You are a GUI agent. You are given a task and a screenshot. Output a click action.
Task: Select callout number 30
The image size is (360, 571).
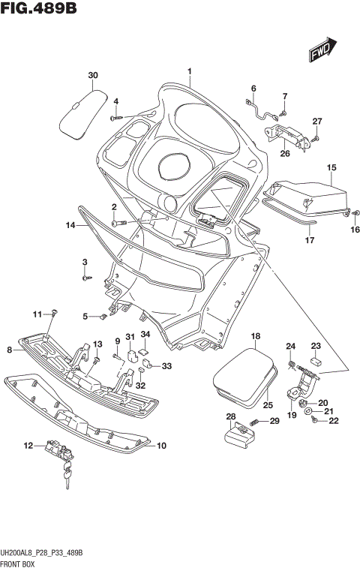tap(92, 76)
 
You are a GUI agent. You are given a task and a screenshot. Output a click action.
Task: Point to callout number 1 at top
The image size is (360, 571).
tap(190, 72)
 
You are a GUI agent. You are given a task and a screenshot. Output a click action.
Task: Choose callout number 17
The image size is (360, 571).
tap(307, 241)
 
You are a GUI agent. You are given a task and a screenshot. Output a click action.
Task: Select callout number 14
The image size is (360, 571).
tap(70, 225)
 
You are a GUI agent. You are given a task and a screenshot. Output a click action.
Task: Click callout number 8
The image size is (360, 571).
tap(9, 350)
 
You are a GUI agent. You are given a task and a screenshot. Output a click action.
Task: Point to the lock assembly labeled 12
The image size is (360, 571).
tap(58, 448)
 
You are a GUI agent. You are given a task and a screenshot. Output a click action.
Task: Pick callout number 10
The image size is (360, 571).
tap(160, 446)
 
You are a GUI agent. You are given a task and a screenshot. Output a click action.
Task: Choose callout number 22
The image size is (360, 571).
tap(334, 420)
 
